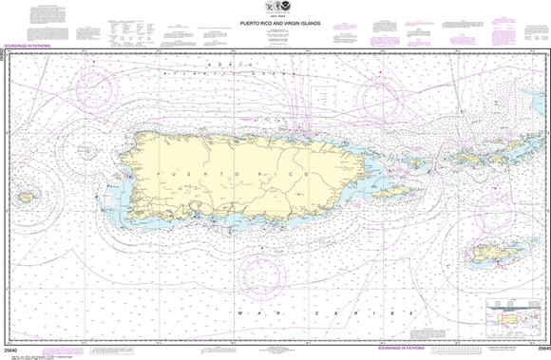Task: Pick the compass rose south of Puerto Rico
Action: tap(264, 271)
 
